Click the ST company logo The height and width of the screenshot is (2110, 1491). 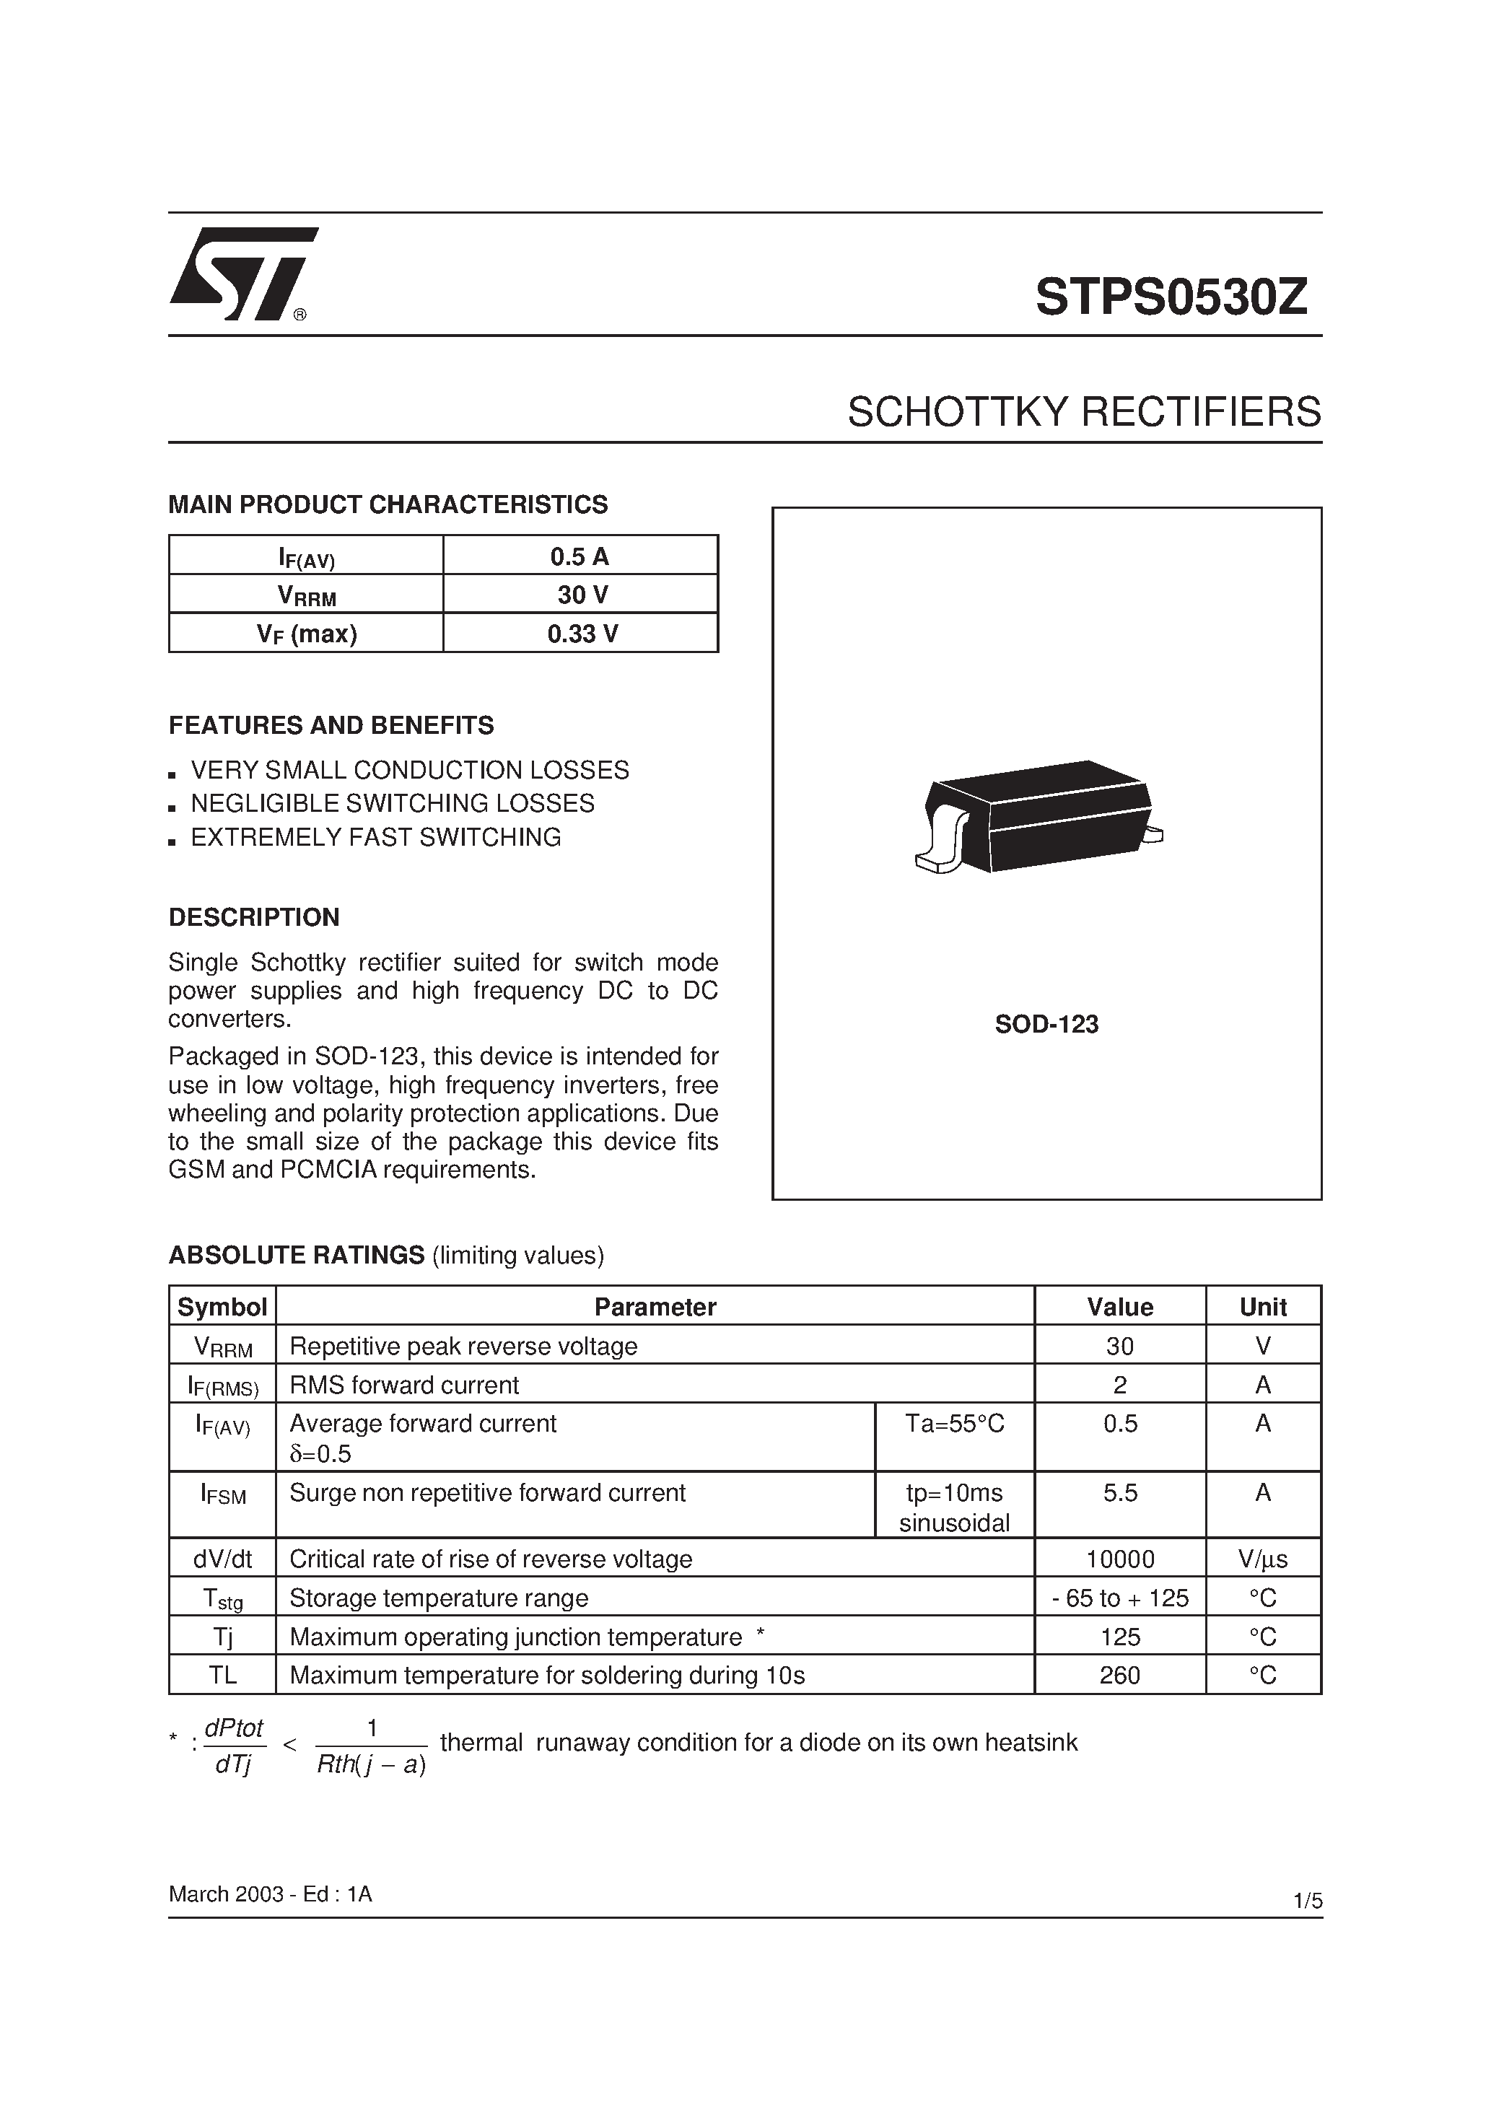click(242, 273)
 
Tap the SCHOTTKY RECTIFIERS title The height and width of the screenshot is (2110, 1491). click(1084, 412)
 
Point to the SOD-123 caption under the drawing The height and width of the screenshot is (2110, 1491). click(1046, 1025)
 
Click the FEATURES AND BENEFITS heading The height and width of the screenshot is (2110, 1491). click(331, 726)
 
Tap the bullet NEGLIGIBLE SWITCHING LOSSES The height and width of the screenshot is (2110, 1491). click(392, 803)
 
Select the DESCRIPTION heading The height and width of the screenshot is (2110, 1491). click(254, 917)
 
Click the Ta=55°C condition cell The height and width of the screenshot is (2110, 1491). click(954, 1424)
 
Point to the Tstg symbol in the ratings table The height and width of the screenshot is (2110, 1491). click(222, 1598)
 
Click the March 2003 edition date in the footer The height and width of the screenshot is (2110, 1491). click(269, 1894)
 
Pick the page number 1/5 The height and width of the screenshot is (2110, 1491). click(1307, 1901)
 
